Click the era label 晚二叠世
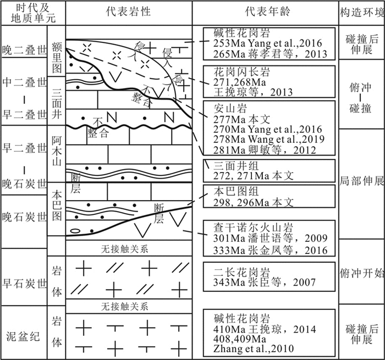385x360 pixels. coord(24,49)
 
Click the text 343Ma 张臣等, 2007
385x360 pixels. coord(260,283)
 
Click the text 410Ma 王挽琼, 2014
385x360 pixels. coord(260,329)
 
